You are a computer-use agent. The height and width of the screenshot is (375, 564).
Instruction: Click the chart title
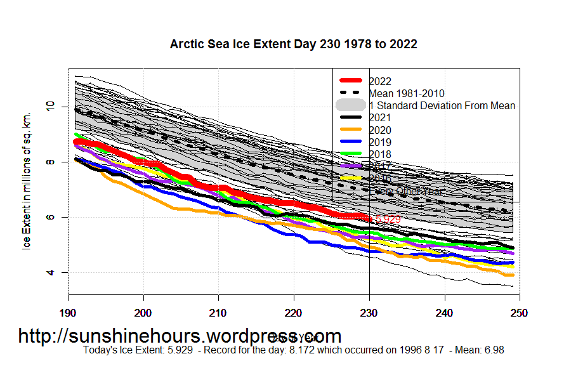click(x=293, y=44)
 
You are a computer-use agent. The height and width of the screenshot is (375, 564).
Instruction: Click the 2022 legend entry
click(x=379, y=81)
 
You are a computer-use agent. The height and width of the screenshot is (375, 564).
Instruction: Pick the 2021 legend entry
click(x=379, y=118)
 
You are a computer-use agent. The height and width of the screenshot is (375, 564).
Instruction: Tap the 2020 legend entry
click(x=379, y=130)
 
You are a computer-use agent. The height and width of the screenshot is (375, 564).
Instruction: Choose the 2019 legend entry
click(x=379, y=142)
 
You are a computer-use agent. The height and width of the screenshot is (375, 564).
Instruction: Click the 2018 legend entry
click(x=379, y=154)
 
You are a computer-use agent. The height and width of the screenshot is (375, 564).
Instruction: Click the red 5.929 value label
click(x=388, y=220)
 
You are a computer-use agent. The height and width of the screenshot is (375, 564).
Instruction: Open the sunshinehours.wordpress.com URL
click(x=180, y=336)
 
